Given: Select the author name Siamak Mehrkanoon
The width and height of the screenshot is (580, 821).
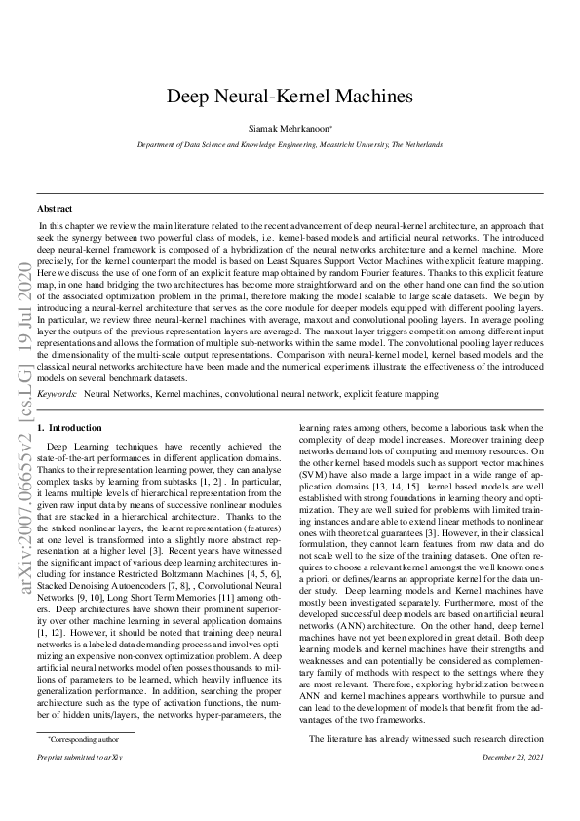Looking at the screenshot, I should pos(289,128).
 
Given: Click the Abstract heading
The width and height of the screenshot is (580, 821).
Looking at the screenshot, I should pos(54,209).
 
